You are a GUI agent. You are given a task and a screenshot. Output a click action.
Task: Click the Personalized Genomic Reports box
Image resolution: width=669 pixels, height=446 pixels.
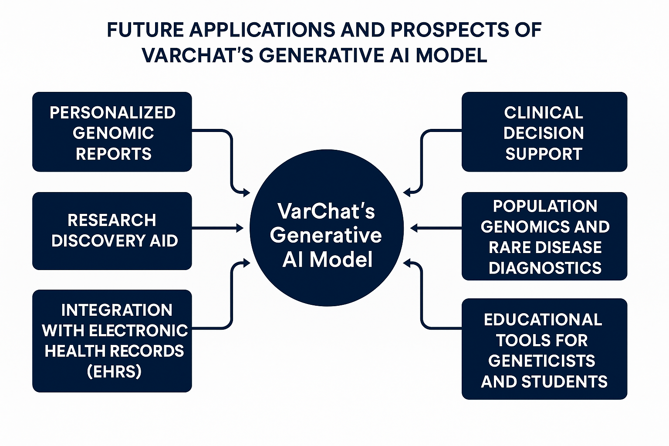[x=112, y=132]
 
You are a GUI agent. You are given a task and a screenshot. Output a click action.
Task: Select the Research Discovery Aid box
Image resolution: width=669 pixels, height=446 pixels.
[x=112, y=231]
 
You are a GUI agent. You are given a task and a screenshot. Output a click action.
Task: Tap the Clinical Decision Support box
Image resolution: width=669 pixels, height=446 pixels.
[x=544, y=132]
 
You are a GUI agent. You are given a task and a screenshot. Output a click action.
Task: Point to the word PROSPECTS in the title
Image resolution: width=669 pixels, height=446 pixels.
[x=449, y=30]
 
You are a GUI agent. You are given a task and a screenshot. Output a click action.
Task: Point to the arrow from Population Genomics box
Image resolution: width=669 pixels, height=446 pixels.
[x=436, y=228]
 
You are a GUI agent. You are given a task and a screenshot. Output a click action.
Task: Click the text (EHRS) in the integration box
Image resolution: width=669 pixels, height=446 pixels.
[x=114, y=372]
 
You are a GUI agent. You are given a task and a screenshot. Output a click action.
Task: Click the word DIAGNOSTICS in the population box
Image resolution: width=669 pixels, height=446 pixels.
[x=545, y=268]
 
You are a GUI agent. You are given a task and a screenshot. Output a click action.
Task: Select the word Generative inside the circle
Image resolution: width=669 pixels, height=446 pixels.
[x=326, y=235]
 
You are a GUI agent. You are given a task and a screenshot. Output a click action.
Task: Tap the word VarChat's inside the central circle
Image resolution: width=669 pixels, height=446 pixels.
[x=326, y=211]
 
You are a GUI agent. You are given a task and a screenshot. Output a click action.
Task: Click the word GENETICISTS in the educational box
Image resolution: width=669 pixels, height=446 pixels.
[x=541, y=361]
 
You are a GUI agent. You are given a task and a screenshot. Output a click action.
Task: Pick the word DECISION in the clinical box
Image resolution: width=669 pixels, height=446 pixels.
[x=544, y=133]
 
